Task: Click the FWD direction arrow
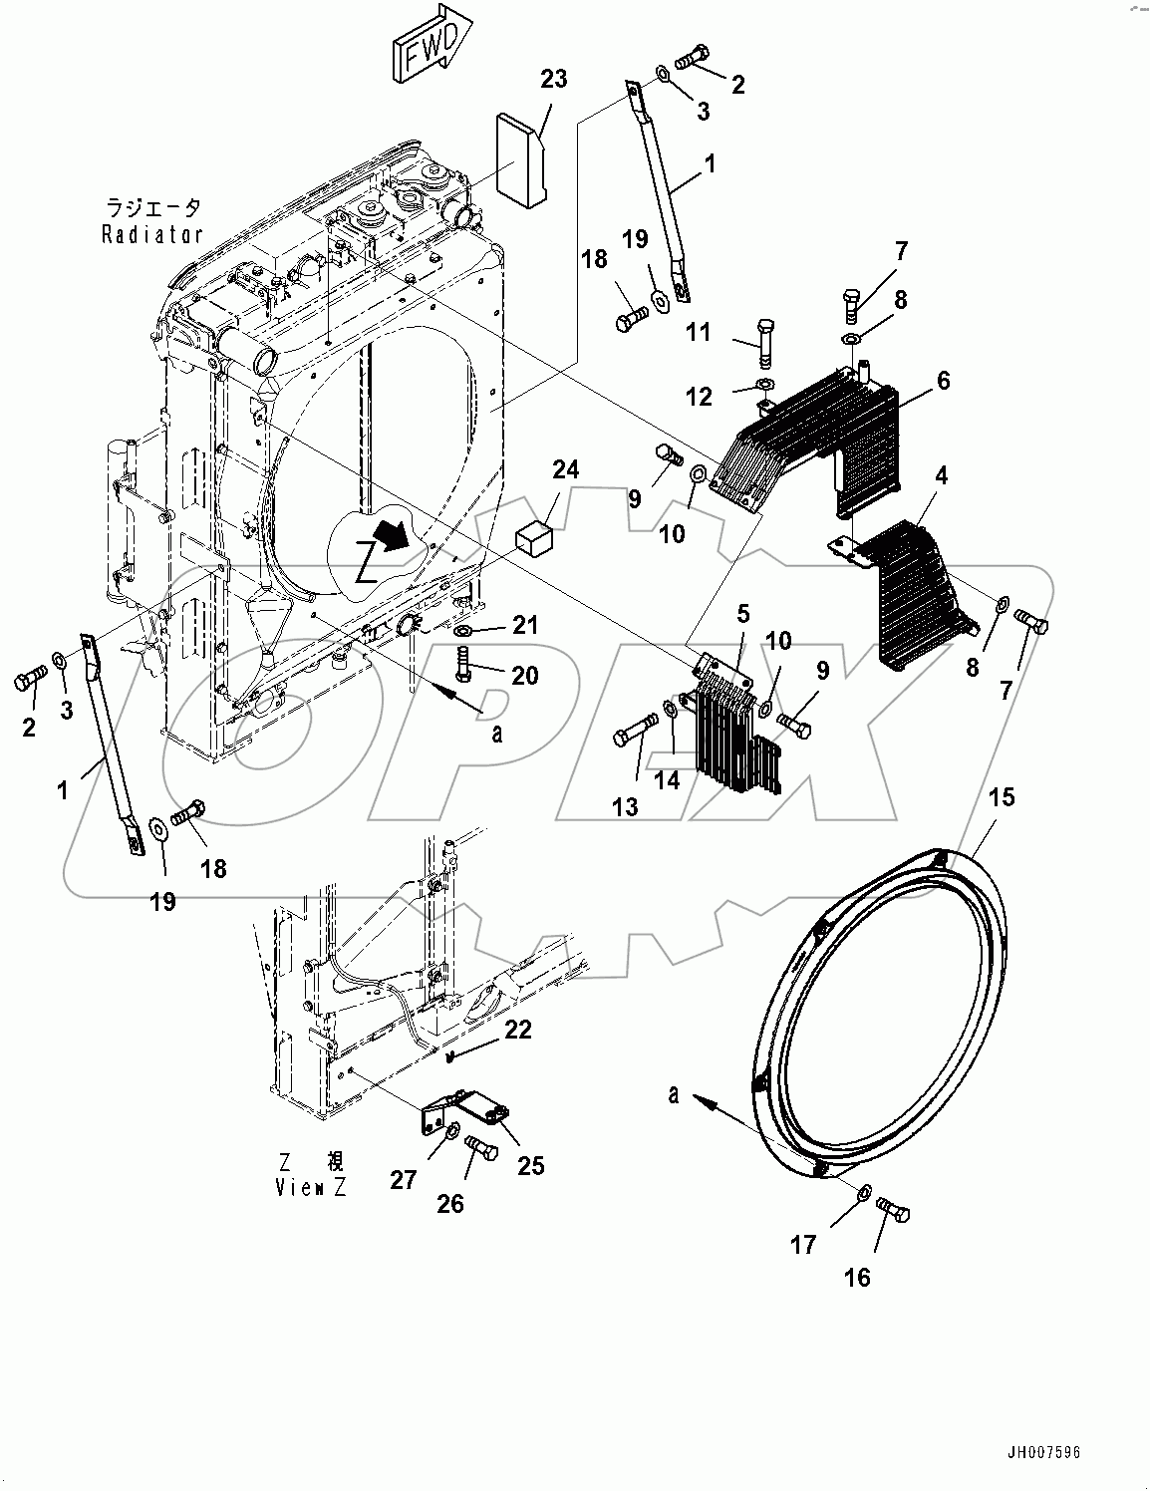429,47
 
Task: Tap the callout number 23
553,79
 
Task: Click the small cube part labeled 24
535,538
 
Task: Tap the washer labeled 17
865,1192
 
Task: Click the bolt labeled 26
482,1150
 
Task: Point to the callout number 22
517,1031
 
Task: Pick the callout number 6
942,381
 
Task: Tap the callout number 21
525,626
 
